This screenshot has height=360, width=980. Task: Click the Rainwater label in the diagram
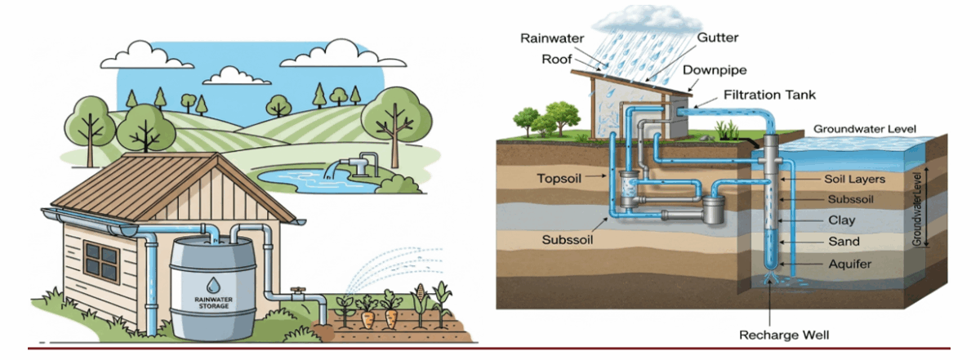tap(549, 38)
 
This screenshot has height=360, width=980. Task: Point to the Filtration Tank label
tap(769, 96)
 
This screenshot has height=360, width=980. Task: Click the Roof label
tap(556, 59)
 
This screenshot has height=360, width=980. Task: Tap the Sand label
tap(844, 242)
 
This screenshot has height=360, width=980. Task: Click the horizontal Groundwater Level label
tap(865, 129)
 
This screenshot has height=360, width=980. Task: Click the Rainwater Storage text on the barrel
tap(212, 303)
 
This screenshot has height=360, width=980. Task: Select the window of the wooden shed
tap(100, 260)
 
